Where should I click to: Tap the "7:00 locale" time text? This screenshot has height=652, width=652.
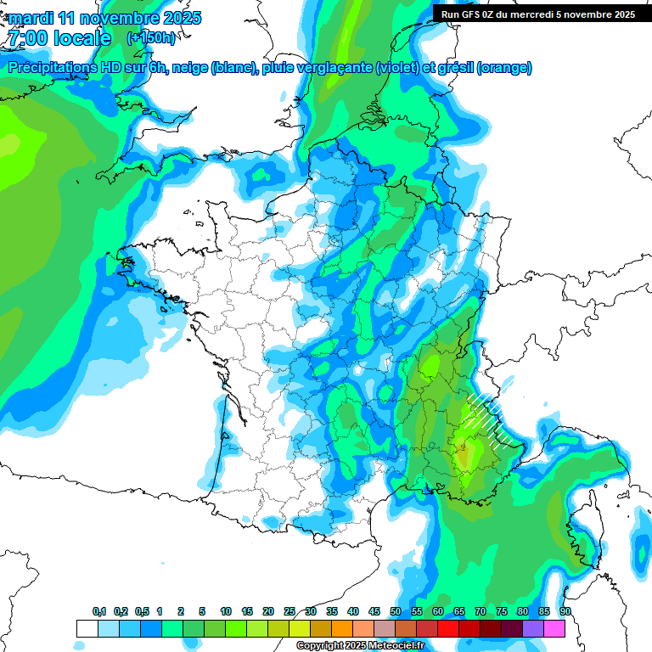pyautogui.click(x=59, y=38)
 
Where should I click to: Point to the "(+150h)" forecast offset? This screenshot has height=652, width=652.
pyautogui.click(x=150, y=38)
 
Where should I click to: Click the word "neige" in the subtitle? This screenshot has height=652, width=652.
pyautogui.click(x=190, y=68)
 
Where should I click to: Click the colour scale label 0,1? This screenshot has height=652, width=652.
pyautogui.click(x=99, y=612)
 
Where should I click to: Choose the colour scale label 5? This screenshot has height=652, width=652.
pyautogui.click(x=202, y=612)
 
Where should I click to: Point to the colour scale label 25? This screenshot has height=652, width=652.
pyautogui.click(x=289, y=612)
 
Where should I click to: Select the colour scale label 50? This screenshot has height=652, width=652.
pyautogui.click(x=396, y=612)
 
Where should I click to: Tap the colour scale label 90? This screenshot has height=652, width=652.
pyautogui.click(x=565, y=612)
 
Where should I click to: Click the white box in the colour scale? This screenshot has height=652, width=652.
pyautogui.click(x=87, y=628)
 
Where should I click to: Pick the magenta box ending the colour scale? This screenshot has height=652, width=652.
pyautogui.click(x=554, y=628)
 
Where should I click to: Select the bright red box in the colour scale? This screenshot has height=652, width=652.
pyautogui.click(x=448, y=628)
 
